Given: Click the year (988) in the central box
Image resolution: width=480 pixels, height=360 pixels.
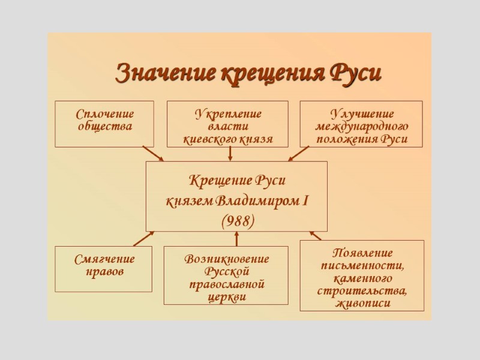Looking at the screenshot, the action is coord(238,221).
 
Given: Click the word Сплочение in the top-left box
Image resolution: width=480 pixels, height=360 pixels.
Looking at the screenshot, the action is coord(105,114).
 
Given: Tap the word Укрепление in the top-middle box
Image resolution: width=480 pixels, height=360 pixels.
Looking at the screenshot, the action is coord(228,113).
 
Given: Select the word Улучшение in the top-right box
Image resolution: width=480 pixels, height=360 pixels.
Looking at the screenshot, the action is coord(362,113).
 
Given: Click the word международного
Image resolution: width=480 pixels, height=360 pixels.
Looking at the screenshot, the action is coord(362,127).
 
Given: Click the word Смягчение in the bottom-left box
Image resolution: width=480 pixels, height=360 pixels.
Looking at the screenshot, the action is coord(105,259).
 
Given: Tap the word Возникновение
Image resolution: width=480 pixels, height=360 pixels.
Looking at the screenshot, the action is coord(227,259).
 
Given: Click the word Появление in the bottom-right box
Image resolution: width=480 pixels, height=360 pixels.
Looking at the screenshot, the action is coord(362,253).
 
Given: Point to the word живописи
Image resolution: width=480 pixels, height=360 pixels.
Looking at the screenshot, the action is coord(362,304).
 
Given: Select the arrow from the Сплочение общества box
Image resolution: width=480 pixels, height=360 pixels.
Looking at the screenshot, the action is coord(153,154).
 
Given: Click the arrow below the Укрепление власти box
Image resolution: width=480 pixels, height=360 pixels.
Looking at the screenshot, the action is coord(230,154).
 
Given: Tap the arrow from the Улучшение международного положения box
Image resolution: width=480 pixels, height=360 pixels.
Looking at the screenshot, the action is coord(298,154).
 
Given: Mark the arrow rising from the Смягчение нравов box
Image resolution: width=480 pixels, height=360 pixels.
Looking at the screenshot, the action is coord(143,239).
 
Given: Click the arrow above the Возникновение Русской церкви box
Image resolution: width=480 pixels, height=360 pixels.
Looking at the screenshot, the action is coord(236,239).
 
